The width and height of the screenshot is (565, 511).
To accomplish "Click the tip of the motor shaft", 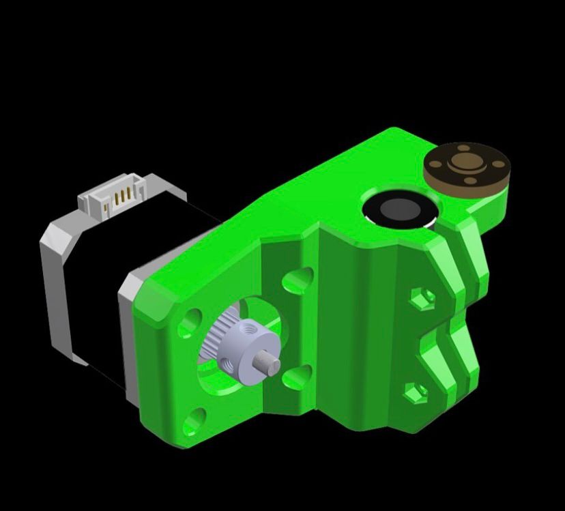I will [272, 366].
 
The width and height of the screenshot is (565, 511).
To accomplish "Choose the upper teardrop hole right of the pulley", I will [298, 279].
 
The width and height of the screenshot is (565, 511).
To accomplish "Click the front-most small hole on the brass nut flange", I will [470, 181].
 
